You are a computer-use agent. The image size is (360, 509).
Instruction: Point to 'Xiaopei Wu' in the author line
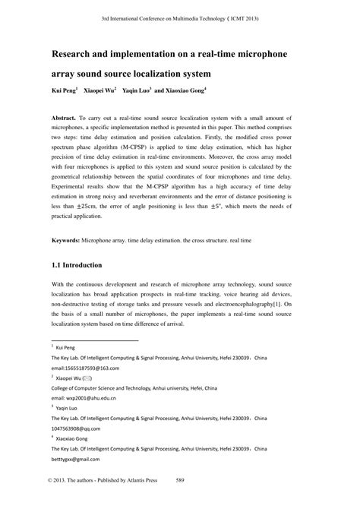[x=99, y=90]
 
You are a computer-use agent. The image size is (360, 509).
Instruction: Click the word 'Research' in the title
[x=77, y=54]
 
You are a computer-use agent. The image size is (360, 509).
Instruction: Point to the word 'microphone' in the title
[x=266, y=54]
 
